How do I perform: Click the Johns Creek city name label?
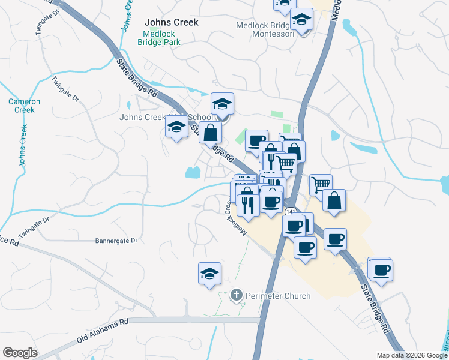pos(171,22)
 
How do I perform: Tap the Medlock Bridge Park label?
pos(158,38)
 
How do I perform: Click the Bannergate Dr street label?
pos(116,241)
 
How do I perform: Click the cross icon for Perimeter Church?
pos(237,295)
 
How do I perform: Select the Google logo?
pos(20,353)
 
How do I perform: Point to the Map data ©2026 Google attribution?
pos(412,355)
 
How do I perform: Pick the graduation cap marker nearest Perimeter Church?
pos(210,274)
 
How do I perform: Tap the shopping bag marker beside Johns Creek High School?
pos(211,133)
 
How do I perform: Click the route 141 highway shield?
pos(291,212)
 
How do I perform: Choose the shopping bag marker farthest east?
pos(334,200)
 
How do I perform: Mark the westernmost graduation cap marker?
pos(177,127)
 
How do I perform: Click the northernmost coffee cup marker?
pos(256,140)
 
